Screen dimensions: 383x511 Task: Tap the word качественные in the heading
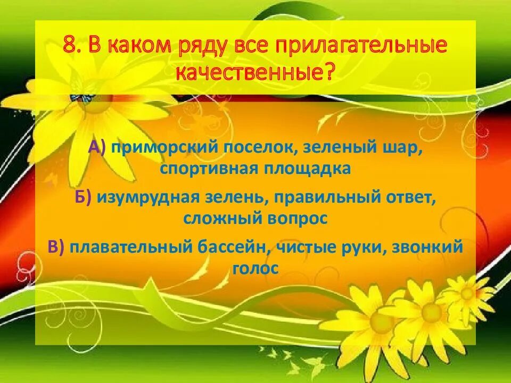pyautogui.click(x=249, y=73)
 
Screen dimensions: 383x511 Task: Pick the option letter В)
pyautogui.click(x=56, y=247)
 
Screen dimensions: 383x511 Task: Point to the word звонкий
pyautogui.click(x=431, y=247)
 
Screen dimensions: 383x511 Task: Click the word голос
pyautogui.click(x=256, y=268)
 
